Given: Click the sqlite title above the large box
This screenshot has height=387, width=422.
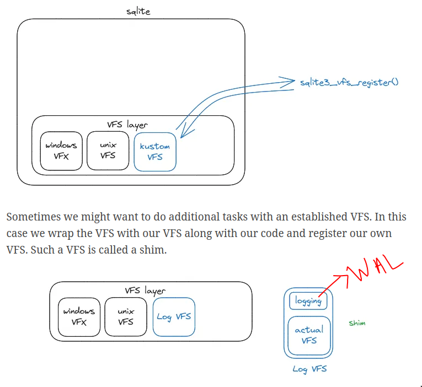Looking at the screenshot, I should click(x=138, y=11).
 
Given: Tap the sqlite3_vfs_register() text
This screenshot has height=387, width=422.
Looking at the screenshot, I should click(x=349, y=83).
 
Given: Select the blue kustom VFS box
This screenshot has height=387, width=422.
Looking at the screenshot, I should click(x=155, y=151).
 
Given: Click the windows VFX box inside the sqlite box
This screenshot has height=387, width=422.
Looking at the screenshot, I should click(x=61, y=150).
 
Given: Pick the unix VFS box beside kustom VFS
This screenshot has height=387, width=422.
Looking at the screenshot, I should click(x=108, y=150).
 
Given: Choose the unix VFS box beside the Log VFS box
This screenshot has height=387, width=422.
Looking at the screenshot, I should click(x=126, y=316).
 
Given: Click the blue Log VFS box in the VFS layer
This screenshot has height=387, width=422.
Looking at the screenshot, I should click(x=174, y=316).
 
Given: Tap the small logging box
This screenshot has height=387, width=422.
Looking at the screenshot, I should click(x=308, y=301).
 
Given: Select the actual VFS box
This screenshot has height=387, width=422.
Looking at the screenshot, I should click(x=309, y=335).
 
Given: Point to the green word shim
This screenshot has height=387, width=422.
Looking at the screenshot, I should click(x=357, y=323).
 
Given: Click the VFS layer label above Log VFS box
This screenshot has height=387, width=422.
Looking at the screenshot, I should click(x=145, y=291).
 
